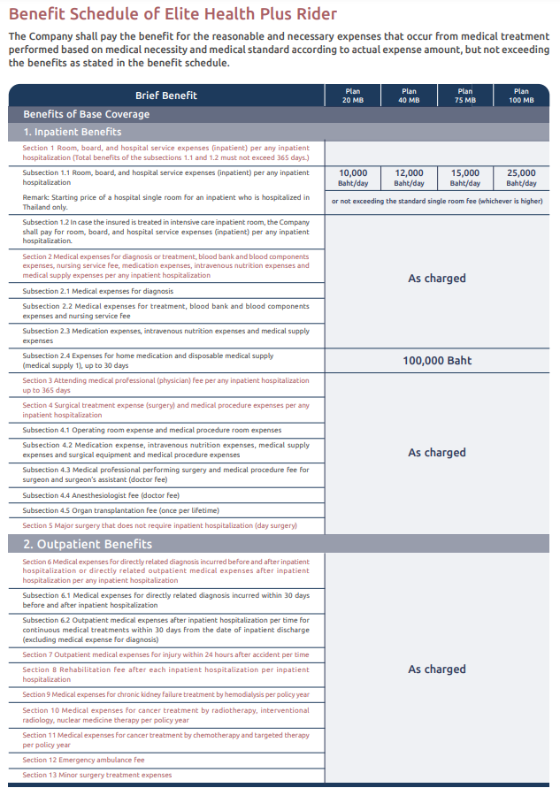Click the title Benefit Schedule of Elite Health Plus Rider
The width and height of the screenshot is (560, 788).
tap(172, 15)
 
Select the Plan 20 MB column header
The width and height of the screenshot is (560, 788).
tap(353, 96)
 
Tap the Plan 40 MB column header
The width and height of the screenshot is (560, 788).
tap(409, 96)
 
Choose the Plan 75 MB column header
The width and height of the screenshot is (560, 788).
tap(465, 96)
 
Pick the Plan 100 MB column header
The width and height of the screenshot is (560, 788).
tap(521, 96)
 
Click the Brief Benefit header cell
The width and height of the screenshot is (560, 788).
tap(166, 96)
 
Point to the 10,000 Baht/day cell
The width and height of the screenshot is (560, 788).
tap(353, 178)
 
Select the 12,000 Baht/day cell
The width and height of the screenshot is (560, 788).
tap(409, 178)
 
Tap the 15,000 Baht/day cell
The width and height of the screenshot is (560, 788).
tap(465, 178)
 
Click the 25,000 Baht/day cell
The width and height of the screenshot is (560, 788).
tap(521, 178)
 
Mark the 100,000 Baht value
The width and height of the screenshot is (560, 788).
tap(437, 361)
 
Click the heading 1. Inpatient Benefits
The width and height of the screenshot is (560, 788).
tap(73, 132)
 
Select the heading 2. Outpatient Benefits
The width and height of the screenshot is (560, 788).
tap(88, 544)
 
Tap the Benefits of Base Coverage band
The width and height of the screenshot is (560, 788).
tap(87, 114)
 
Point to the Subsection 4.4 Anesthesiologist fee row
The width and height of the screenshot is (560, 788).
tap(101, 495)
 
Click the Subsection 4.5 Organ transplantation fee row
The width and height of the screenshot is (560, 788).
tap(120, 510)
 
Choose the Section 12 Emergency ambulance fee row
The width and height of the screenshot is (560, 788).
tap(83, 760)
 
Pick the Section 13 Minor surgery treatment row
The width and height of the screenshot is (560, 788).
tap(97, 775)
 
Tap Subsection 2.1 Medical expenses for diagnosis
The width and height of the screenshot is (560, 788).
tap(98, 291)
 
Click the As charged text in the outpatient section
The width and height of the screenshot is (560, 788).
tap(437, 669)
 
